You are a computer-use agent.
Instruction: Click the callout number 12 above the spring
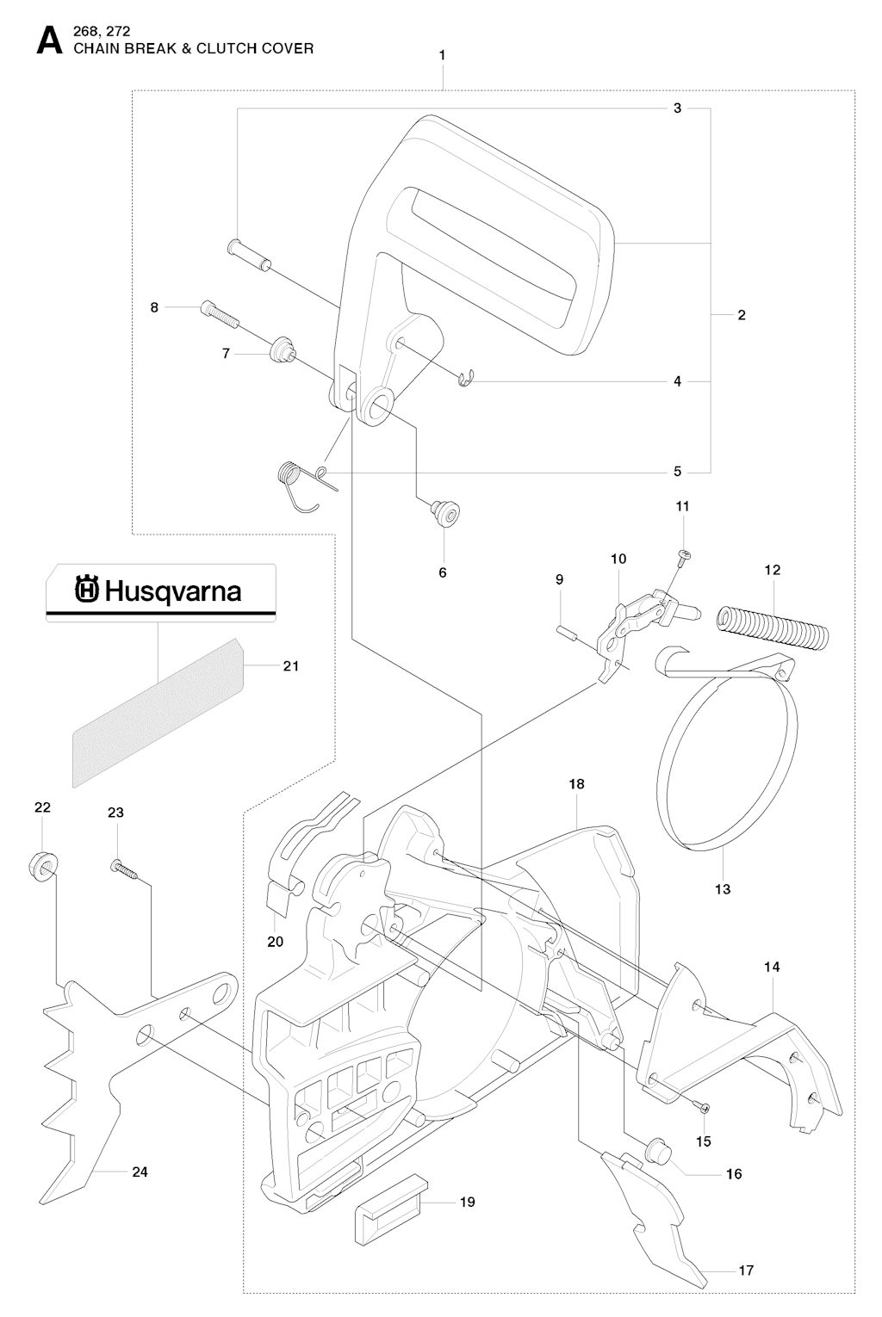click(772, 570)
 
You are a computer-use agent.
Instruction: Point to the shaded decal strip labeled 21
click(158, 711)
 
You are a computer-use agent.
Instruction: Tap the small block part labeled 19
click(387, 1213)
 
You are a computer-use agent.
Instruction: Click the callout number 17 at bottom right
click(746, 1270)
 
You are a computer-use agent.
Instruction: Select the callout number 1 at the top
click(442, 54)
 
